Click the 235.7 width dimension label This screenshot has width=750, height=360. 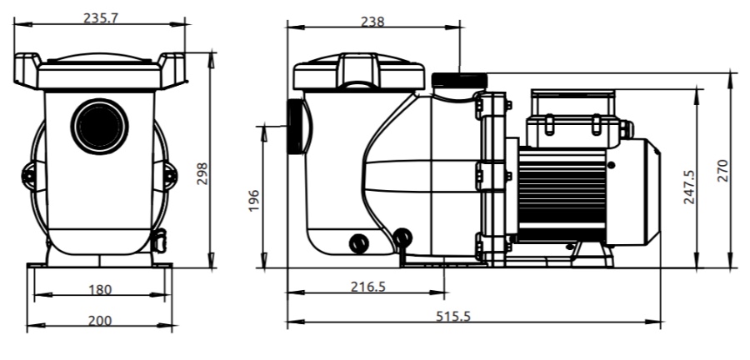(x=101, y=17)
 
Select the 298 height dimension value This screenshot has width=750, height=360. (x=202, y=174)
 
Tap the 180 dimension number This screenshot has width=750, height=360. (x=100, y=290)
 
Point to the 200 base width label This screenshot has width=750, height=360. (x=100, y=320)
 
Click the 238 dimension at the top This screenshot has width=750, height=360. (x=372, y=22)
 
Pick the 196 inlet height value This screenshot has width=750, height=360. (x=254, y=201)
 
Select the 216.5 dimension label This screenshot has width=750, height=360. (x=367, y=287)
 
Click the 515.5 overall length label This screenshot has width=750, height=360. (x=453, y=316)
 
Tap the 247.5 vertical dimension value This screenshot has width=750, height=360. (x=689, y=187)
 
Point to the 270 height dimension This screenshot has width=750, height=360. (x=722, y=171)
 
